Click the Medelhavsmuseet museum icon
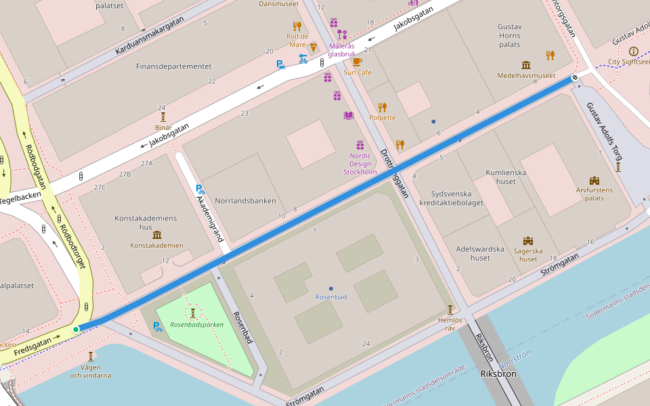point(526,65)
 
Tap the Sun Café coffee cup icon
point(357,62)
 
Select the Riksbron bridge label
point(498,374)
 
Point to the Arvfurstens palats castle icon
point(594,180)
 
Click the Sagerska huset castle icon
point(528,241)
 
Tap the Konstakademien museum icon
point(157,235)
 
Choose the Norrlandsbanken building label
point(245,201)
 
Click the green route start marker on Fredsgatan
point(76,330)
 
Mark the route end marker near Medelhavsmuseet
point(575,78)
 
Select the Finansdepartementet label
point(173,66)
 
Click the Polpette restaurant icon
point(382,107)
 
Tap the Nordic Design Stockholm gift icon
point(360,145)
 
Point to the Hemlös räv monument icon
point(450,309)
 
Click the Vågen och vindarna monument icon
point(90,356)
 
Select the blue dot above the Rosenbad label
point(330,288)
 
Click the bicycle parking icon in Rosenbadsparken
point(158,327)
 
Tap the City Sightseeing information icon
point(633,51)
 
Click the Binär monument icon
point(162,116)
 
